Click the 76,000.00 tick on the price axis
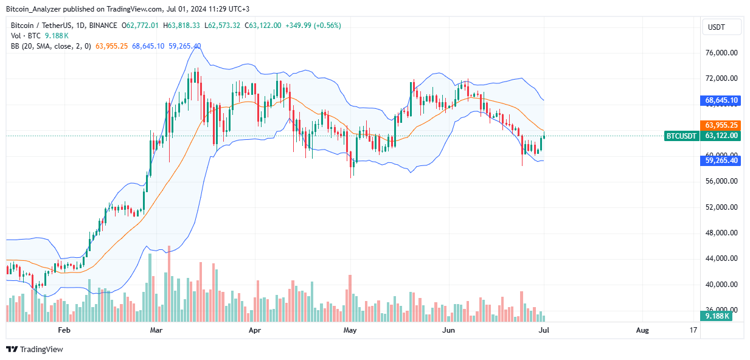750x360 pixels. point(721,53)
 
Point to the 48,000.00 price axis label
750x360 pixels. point(721,233)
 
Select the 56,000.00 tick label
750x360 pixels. point(721,181)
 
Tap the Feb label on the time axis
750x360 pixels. point(64,330)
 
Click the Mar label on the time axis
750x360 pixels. point(156,330)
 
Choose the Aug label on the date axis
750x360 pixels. point(642,330)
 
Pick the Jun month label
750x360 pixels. point(448,330)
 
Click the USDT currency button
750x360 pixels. point(721,27)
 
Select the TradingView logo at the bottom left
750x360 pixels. point(35,349)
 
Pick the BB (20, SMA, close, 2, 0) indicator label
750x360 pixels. point(51,46)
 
